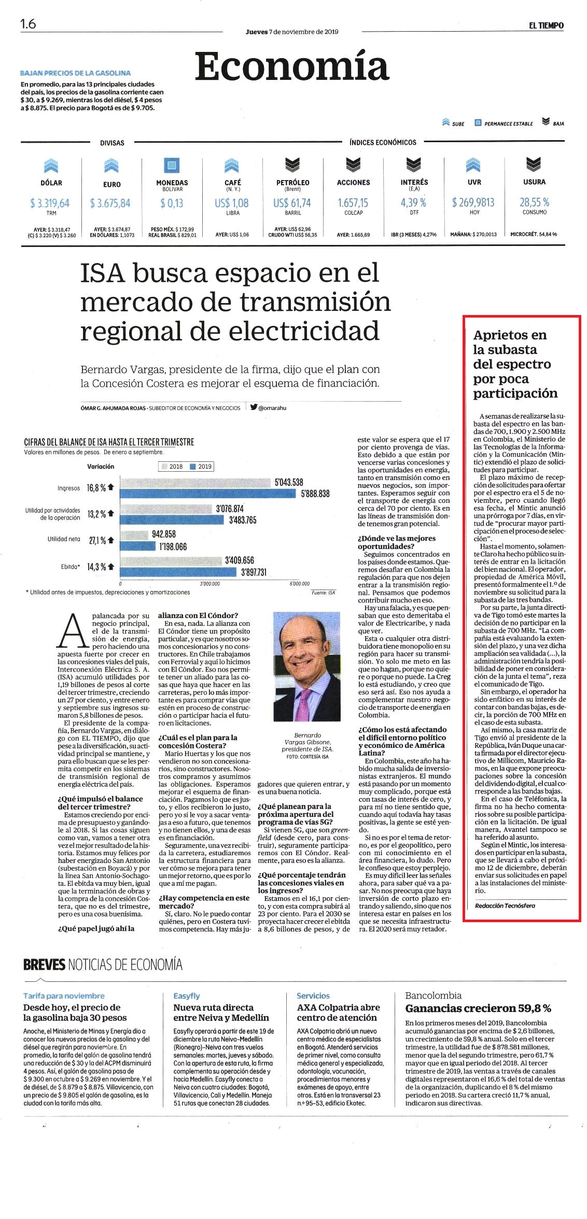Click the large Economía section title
(x=292, y=66)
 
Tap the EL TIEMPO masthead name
(x=546, y=25)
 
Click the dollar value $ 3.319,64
(x=50, y=203)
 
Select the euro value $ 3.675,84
(x=110, y=203)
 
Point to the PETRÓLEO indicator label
(x=292, y=183)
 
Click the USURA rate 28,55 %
(x=534, y=202)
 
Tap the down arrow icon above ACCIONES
(x=353, y=165)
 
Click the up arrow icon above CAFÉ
(x=232, y=165)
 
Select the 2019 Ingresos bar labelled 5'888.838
(x=207, y=494)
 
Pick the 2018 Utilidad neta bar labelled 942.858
(x=134, y=534)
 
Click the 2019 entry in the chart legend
(x=201, y=467)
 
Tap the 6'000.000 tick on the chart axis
(x=299, y=584)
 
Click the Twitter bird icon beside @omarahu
(x=254, y=407)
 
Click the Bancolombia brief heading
(x=434, y=995)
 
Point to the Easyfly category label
(x=187, y=996)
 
